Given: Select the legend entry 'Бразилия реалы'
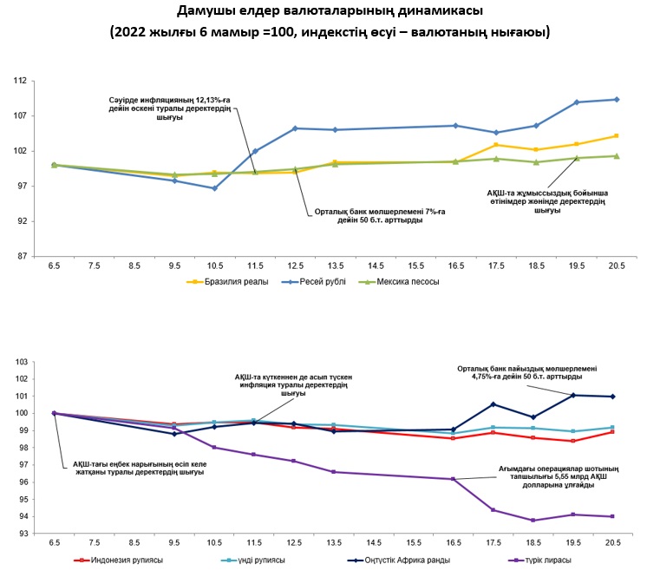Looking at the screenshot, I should (x=238, y=282).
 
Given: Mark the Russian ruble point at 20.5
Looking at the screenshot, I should (x=617, y=100).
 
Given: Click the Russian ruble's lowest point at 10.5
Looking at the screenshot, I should (x=214, y=188).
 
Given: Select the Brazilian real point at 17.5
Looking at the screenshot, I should (x=496, y=145).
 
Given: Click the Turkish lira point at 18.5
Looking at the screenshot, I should (x=533, y=521).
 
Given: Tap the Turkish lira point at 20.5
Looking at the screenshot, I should (x=613, y=516).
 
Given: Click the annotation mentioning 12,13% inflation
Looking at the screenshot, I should (x=174, y=109).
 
